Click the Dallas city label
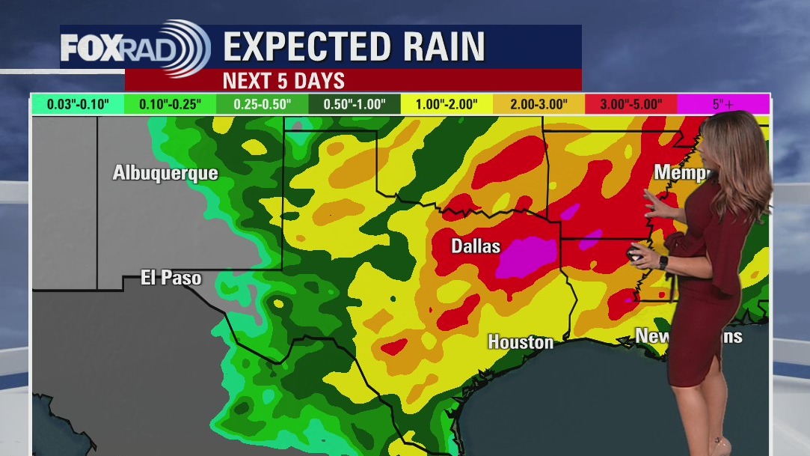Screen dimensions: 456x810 pyautogui.click(x=476, y=246)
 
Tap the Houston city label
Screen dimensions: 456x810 pyautogui.click(x=521, y=342)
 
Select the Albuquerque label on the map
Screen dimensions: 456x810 pyautogui.click(x=165, y=173)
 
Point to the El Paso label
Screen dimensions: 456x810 pyautogui.click(x=171, y=278)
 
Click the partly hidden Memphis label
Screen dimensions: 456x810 pyautogui.click(x=680, y=172)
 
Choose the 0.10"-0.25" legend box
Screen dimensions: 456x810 pyautogui.click(x=170, y=104)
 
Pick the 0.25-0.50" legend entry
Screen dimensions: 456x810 pyautogui.click(x=262, y=104)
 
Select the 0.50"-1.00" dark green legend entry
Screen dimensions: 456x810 pyautogui.click(x=355, y=104)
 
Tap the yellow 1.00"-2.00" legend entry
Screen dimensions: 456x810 pyautogui.click(x=447, y=104)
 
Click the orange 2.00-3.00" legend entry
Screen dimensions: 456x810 pyautogui.click(x=539, y=104)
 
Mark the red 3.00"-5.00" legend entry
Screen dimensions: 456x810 pyautogui.click(x=630, y=104)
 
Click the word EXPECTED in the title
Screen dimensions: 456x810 pyautogui.click(x=313, y=46)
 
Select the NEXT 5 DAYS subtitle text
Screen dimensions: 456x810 pyautogui.click(x=283, y=80)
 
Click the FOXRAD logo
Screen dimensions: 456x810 pyautogui.click(x=135, y=47)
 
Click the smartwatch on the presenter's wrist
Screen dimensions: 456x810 pyautogui.click(x=663, y=262)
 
